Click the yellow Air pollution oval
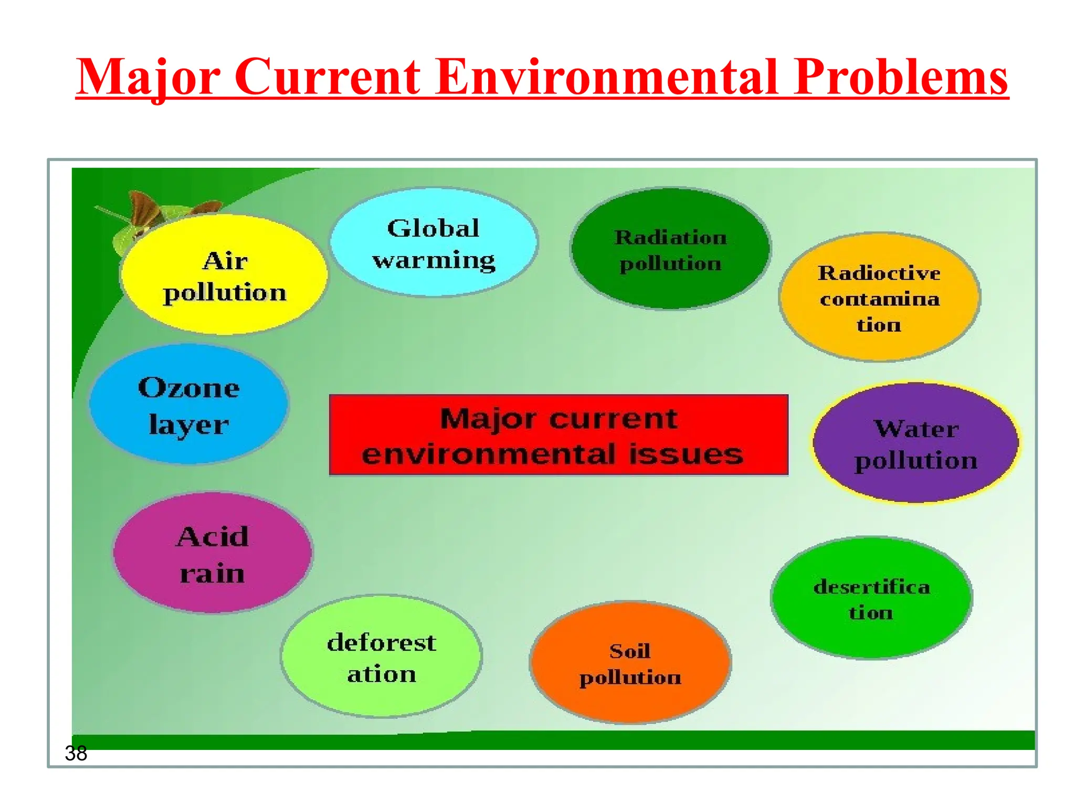tap(224, 275)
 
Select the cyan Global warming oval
tap(434, 242)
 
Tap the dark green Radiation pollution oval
tap(670, 249)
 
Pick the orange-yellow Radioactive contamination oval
tap(879, 298)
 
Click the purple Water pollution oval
tap(915, 443)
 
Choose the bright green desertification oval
tap(871, 598)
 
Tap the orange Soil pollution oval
tap(630, 663)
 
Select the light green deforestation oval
tap(381, 657)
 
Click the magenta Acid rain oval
tap(213, 553)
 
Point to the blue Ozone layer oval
tap(188, 405)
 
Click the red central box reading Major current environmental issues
tap(558, 435)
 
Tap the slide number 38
tap(76, 754)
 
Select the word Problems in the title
tap(901, 77)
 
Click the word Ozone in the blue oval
tap(188, 388)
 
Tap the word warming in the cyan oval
tap(434, 260)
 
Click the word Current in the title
tap(327, 77)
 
